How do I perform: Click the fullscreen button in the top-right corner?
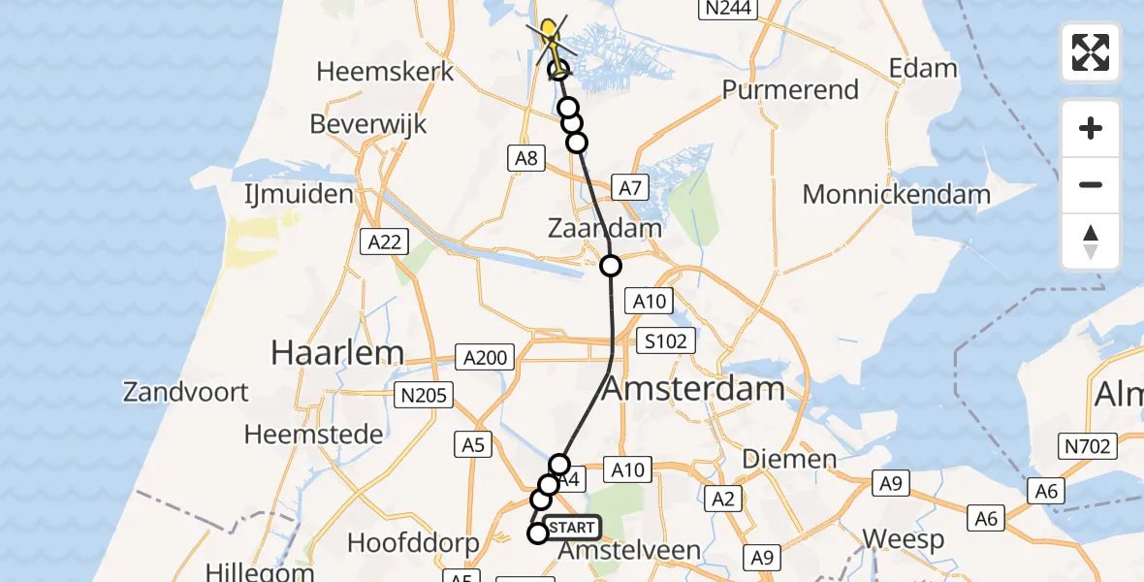tap(1091, 52)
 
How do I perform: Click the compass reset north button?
tap(1091, 242)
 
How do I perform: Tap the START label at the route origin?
tap(572, 528)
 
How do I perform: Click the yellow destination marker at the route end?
tap(550, 32)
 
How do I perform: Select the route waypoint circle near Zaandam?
tap(611, 266)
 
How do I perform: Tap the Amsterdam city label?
tap(693, 390)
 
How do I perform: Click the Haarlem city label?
tap(337, 352)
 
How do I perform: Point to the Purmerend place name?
tap(790, 90)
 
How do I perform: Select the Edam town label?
tap(922, 69)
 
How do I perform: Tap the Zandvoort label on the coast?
tap(186, 392)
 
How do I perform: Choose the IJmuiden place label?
tap(298, 194)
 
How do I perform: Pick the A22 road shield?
tap(385, 242)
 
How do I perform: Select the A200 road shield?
tap(485, 358)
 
